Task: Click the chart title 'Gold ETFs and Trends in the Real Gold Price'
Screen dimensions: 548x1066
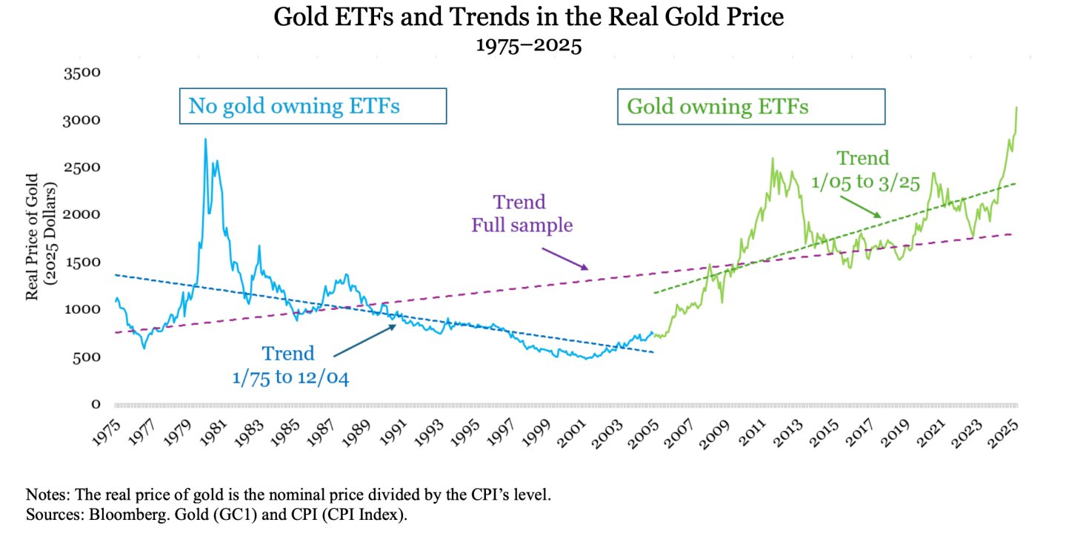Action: [x=528, y=16]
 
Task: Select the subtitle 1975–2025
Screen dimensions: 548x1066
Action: [x=528, y=46]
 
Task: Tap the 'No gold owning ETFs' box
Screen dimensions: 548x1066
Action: [x=313, y=106]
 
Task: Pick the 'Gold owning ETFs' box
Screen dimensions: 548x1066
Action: [x=751, y=106]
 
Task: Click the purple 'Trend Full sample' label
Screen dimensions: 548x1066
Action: [x=522, y=214]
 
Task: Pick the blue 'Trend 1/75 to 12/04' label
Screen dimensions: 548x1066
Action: [x=288, y=366]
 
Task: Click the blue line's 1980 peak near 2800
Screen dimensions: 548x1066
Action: [x=205, y=139]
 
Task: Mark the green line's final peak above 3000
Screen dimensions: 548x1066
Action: [x=1016, y=108]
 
